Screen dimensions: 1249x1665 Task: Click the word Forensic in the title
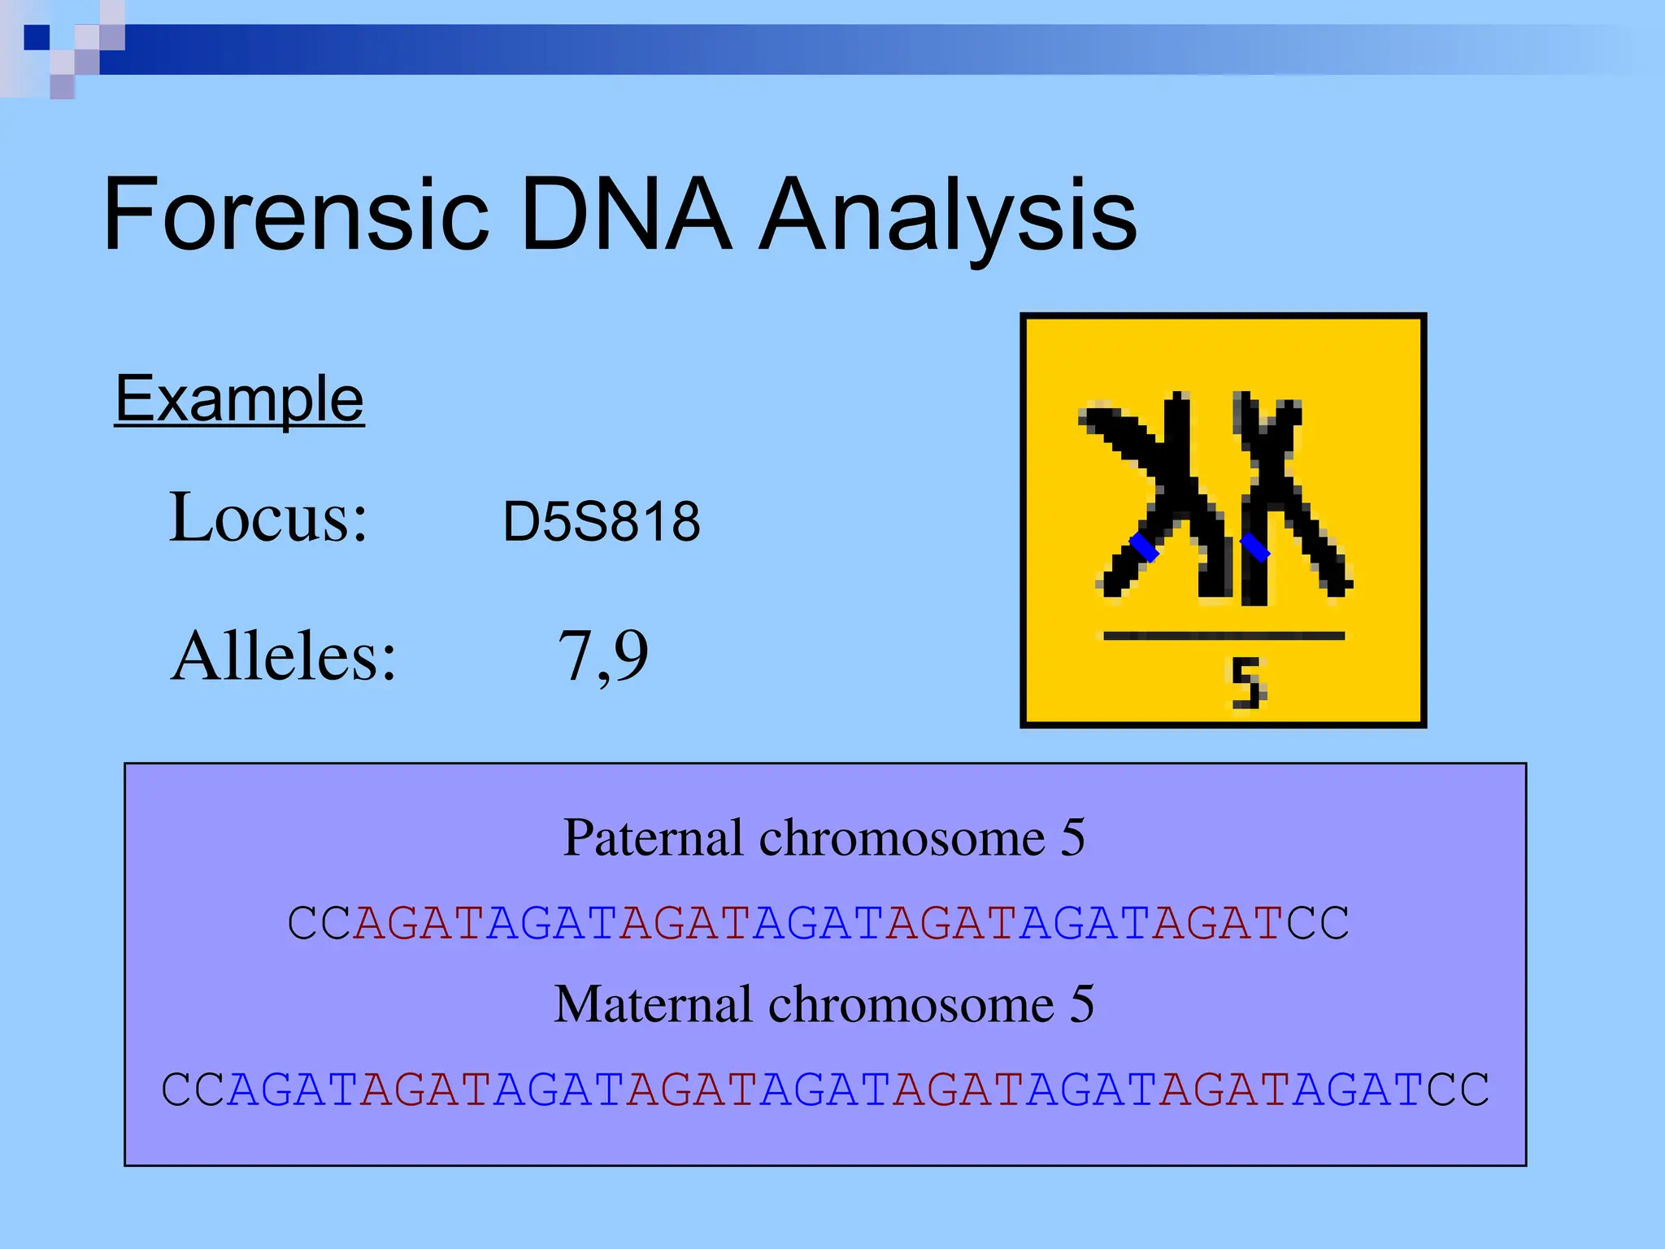pyautogui.click(x=296, y=215)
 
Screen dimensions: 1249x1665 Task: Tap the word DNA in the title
pyautogui.click(x=625, y=215)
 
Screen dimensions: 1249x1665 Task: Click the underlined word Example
pyautogui.click(x=239, y=399)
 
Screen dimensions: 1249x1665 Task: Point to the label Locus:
pyautogui.click(x=268, y=517)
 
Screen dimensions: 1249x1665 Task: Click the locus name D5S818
pyautogui.click(x=601, y=521)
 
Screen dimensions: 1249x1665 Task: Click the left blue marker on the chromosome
pyautogui.click(x=1144, y=546)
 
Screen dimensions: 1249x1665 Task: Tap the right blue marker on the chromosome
pyautogui.click(x=1254, y=546)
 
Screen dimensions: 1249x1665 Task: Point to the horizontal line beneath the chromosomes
pyautogui.click(x=1224, y=636)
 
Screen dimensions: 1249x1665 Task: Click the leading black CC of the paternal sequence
pyautogui.click(x=320, y=924)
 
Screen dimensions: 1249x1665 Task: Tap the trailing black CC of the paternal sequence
pyautogui.click(x=1318, y=924)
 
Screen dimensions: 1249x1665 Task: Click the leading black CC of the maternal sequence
pyautogui.click(x=193, y=1090)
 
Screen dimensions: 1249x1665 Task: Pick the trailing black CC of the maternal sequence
pyautogui.click(x=1459, y=1090)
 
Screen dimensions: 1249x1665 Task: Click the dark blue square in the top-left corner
pyautogui.click(x=37, y=37)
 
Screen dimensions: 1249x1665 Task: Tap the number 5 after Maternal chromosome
pyautogui.click(x=1082, y=1004)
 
